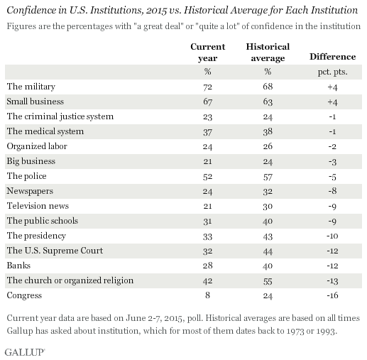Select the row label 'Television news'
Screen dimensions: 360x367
36,205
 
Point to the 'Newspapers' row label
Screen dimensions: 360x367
29,190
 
